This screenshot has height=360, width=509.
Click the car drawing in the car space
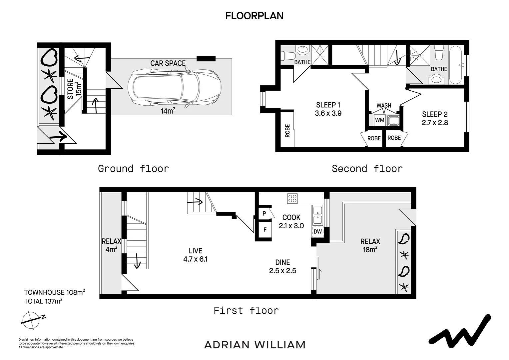(175, 87)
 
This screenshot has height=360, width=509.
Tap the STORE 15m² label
(74, 89)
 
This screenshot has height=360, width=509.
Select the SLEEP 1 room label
(328, 105)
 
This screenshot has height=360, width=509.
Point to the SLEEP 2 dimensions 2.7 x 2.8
(435, 123)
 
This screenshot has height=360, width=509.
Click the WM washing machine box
(380, 120)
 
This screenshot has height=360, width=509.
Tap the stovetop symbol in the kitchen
(292, 198)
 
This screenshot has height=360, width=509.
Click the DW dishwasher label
(318, 232)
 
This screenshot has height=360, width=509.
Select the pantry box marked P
(264, 214)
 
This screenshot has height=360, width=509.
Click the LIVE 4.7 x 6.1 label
(196, 255)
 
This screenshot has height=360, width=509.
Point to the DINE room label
(283, 262)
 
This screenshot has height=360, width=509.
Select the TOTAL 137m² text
(43, 301)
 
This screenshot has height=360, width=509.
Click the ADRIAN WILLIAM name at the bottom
(255, 345)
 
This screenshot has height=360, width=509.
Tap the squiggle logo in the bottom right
(460, 331)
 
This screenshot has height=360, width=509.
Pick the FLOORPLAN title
(254, 16)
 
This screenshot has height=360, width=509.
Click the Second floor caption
(367, 169)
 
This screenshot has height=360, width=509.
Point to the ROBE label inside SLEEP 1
(287, 131)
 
